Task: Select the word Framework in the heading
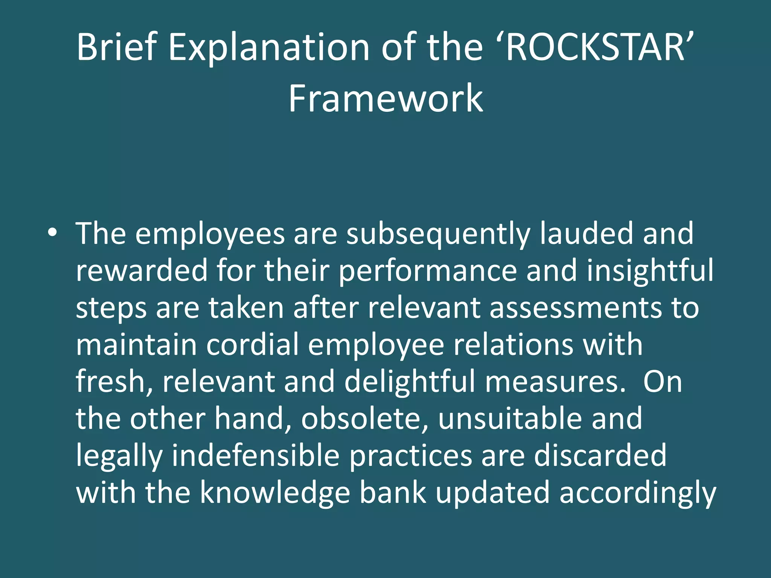point(385,99)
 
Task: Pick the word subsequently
point(438,234)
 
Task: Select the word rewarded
point(142,271)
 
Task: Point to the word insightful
point(650,271)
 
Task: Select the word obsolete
point(365,418)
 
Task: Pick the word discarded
point(600,456)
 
